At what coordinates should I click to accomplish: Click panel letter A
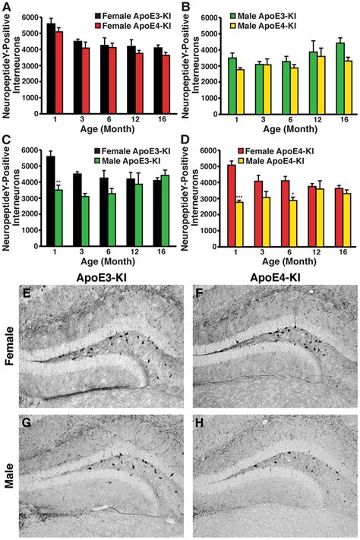pos(5,6)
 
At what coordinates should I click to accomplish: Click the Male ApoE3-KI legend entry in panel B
pos(308,14)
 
